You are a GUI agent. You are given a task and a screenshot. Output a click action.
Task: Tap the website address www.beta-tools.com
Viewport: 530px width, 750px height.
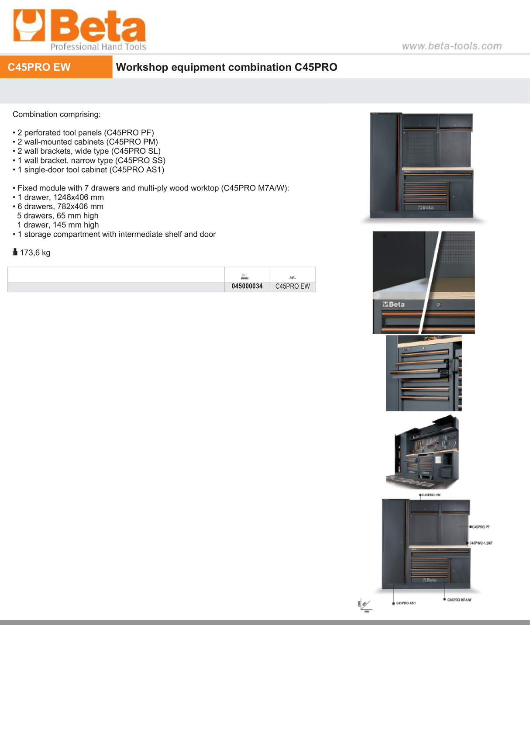pyautogui.click(x=451, y=46)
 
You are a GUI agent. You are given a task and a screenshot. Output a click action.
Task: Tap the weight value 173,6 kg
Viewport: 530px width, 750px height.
pyautogui.click(x=35, y=252)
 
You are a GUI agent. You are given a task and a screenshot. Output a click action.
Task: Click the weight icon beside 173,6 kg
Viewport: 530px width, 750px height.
pyautogui.click(x=15, y=252)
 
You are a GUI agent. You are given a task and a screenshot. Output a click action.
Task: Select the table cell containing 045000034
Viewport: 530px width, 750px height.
pyautogui.click(x=247, y=286)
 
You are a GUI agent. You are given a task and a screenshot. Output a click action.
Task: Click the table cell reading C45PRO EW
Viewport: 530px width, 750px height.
pyautogui.click(x=293, y=286)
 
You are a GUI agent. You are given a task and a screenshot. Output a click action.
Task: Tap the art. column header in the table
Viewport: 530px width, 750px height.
pyautogui.click(x=293, y=277)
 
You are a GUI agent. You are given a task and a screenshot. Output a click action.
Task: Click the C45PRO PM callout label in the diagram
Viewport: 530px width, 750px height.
pyautogui.click(x=431, y=495)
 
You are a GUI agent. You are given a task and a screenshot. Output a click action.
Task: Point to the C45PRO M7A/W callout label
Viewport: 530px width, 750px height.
pyautogui.click(x=459, y=600)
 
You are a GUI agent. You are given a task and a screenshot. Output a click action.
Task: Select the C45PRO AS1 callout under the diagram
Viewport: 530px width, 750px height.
pyautogui.click(x=406, y=603)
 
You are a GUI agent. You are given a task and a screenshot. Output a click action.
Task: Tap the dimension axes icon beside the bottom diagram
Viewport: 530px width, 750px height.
pyautogui.click(x=364, y=605)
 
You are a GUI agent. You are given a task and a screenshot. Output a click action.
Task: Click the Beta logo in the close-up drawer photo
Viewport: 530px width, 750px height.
pyautogui.click(x=394, y=304)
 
